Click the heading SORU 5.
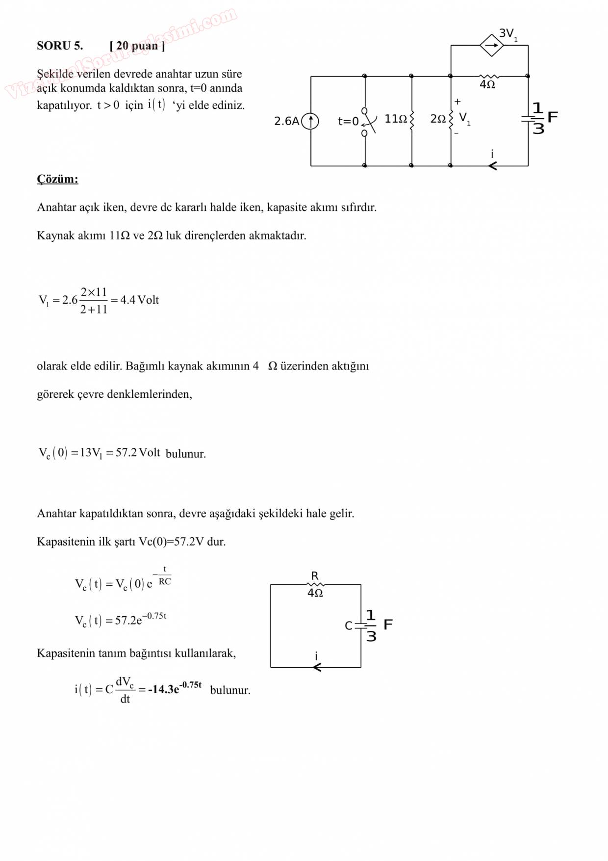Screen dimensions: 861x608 pos(60,46)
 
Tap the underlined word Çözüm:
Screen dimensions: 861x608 pos(57,179)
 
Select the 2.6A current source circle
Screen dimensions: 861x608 pos(310,121)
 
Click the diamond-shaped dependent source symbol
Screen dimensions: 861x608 pos(491,46)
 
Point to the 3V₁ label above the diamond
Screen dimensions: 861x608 pos(508,34)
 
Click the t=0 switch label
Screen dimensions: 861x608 pos(348,121)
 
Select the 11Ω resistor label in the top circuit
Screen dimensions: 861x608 pos(396,119)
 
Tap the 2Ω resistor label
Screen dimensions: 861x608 pos(438,119)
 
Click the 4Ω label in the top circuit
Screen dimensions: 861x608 pos(487,84)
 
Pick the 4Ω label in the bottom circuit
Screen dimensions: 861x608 pos(315,593)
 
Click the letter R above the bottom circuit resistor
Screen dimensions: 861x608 pos(315,575)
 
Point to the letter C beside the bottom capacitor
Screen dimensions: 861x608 pos(349,626)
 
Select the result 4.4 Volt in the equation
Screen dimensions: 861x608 pos(140,300)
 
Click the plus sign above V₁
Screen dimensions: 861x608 pos(457,102)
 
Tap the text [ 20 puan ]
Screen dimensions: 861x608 pos(137,46)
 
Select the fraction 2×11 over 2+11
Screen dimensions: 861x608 pos(94,300)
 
